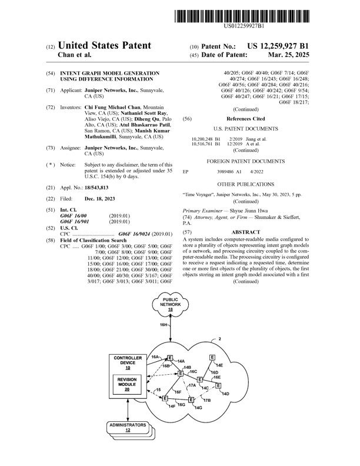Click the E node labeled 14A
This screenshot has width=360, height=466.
[x=170, y=358]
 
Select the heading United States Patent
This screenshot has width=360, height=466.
[x=104, y=46]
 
